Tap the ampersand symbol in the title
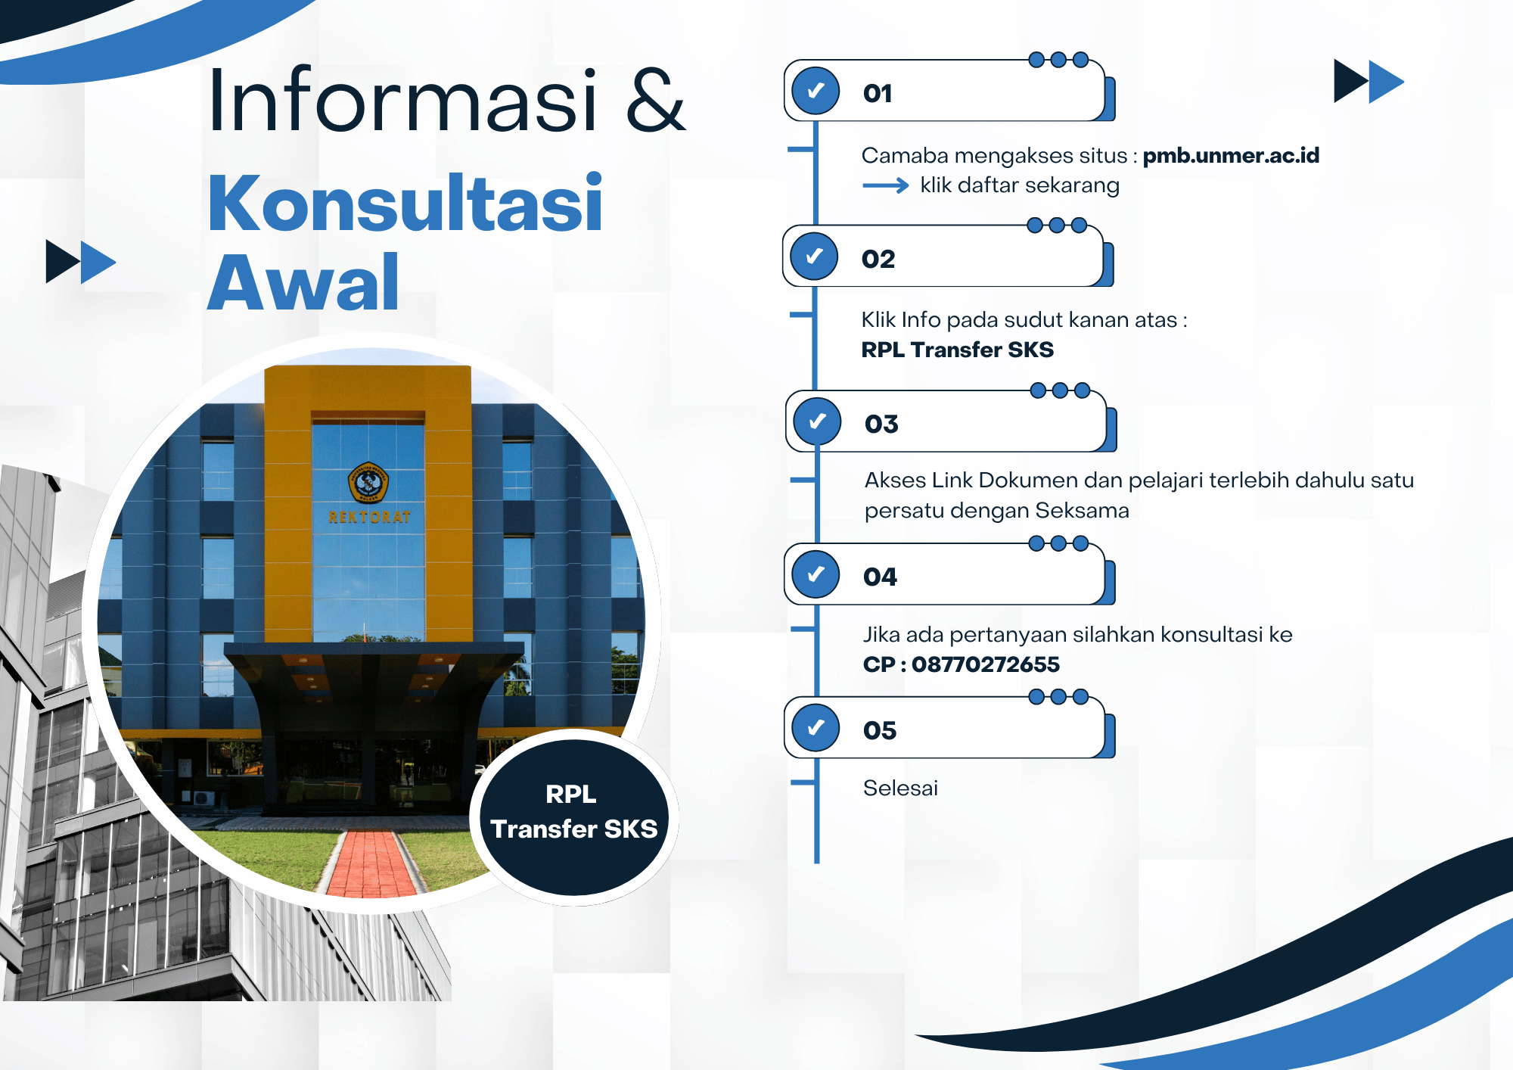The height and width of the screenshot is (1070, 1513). coord(656,100)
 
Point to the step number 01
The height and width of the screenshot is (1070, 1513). coord(878,93)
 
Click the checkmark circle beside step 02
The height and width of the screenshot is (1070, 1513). coord(814,256)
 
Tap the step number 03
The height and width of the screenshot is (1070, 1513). coord(881,424)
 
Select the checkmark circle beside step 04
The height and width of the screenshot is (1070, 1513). coord(816,574)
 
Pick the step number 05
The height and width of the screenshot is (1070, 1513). coord(880,730)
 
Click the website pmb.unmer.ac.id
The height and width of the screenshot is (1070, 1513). coord(1231,155)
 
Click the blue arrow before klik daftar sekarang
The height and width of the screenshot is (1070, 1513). coord(886,185)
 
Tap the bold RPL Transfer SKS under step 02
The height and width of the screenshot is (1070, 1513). coord(957,350)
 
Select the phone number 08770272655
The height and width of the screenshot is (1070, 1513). coord(985,664)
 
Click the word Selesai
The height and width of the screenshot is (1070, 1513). coord(900,788)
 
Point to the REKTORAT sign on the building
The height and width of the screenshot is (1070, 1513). coord(370,518)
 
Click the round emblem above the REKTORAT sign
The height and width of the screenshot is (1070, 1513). coord(368,482)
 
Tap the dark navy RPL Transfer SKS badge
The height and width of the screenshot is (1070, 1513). coord(574,818)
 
